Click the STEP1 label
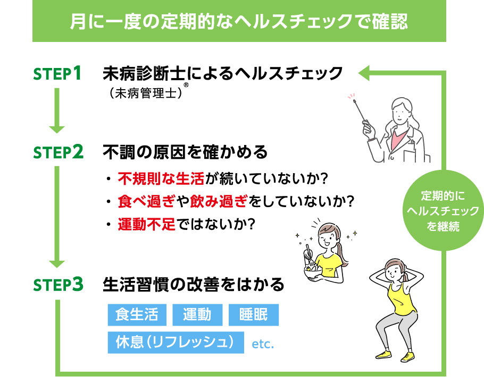[57, 73]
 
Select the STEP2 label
[58, 152]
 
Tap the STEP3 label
[58, 284]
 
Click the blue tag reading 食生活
[137, 315]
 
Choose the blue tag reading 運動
[197, 315]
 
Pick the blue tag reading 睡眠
[254, 315]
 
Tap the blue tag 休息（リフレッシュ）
[176, 342]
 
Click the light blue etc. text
[263, 344]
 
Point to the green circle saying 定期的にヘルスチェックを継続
[443, 210]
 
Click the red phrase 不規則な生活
[161, 178]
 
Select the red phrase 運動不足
[147, 224]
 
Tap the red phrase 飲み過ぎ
[219, 201]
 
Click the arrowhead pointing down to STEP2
[57, 130]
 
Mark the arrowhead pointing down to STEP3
[57, 264]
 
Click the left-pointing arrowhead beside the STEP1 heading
[364, 73]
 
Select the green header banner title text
[239, 21]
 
